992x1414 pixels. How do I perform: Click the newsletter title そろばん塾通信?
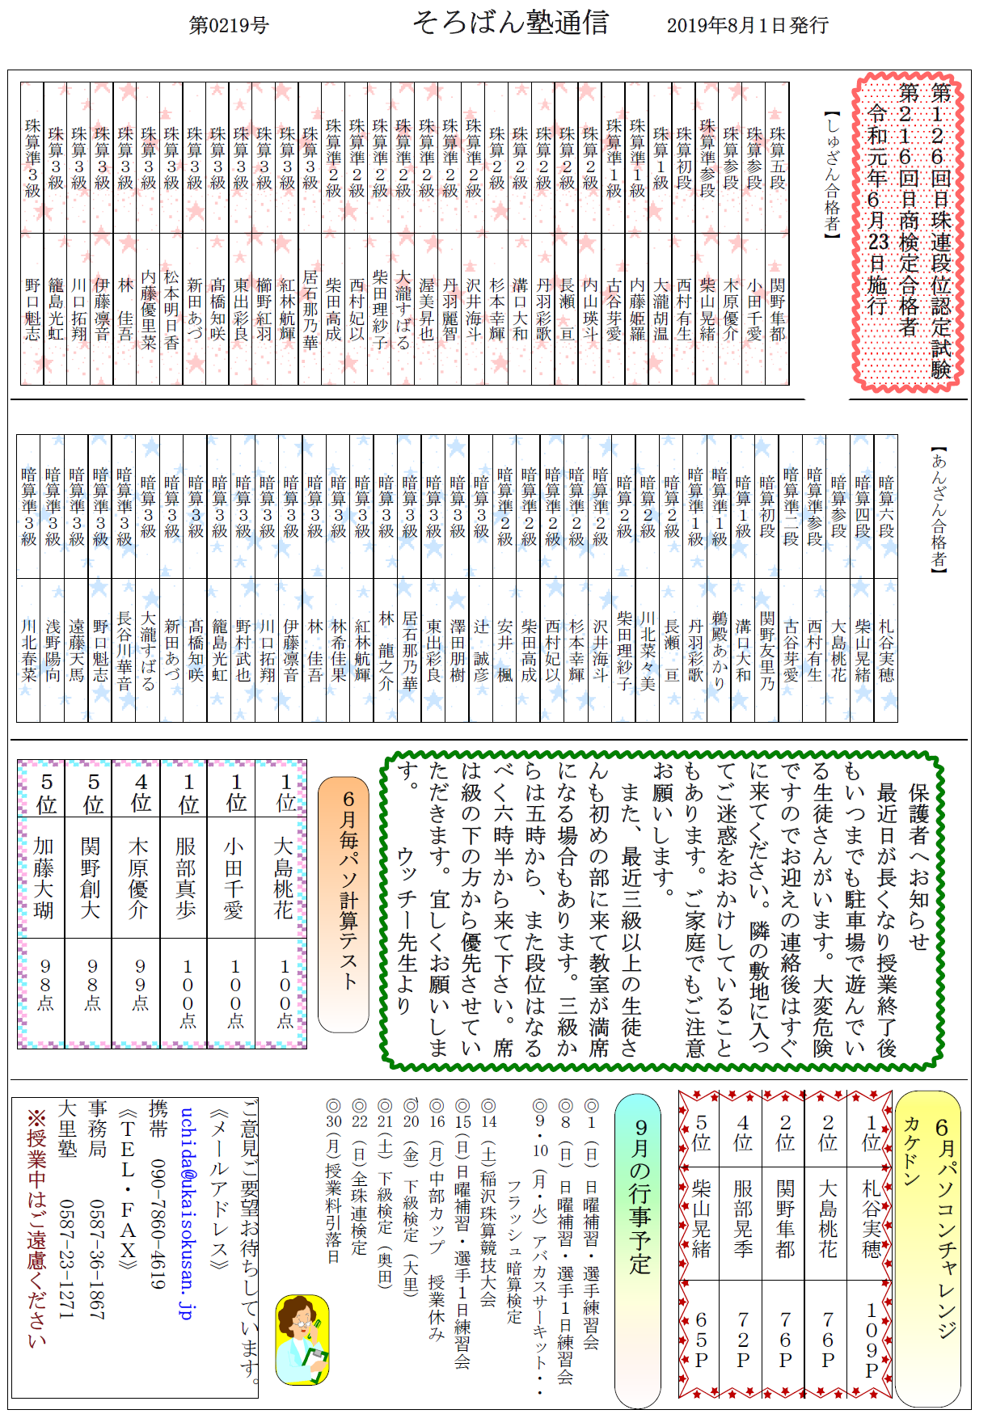click(x=510, y=23)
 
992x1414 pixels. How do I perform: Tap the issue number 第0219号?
click(x=229, y=26)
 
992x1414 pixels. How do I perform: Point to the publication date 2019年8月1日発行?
click(x=747, y=26)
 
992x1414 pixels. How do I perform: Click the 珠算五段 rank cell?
click(x=778, y=158)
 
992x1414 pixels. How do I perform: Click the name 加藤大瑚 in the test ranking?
click(x=44, y=878)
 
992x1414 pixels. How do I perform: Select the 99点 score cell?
click(x=140, y=985)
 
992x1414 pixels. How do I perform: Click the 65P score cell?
click(x=701, y=1340)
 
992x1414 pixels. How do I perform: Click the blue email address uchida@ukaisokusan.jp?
click(x=187, y=1213)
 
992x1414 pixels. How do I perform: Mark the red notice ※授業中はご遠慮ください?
click(x=37, y=1229)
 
